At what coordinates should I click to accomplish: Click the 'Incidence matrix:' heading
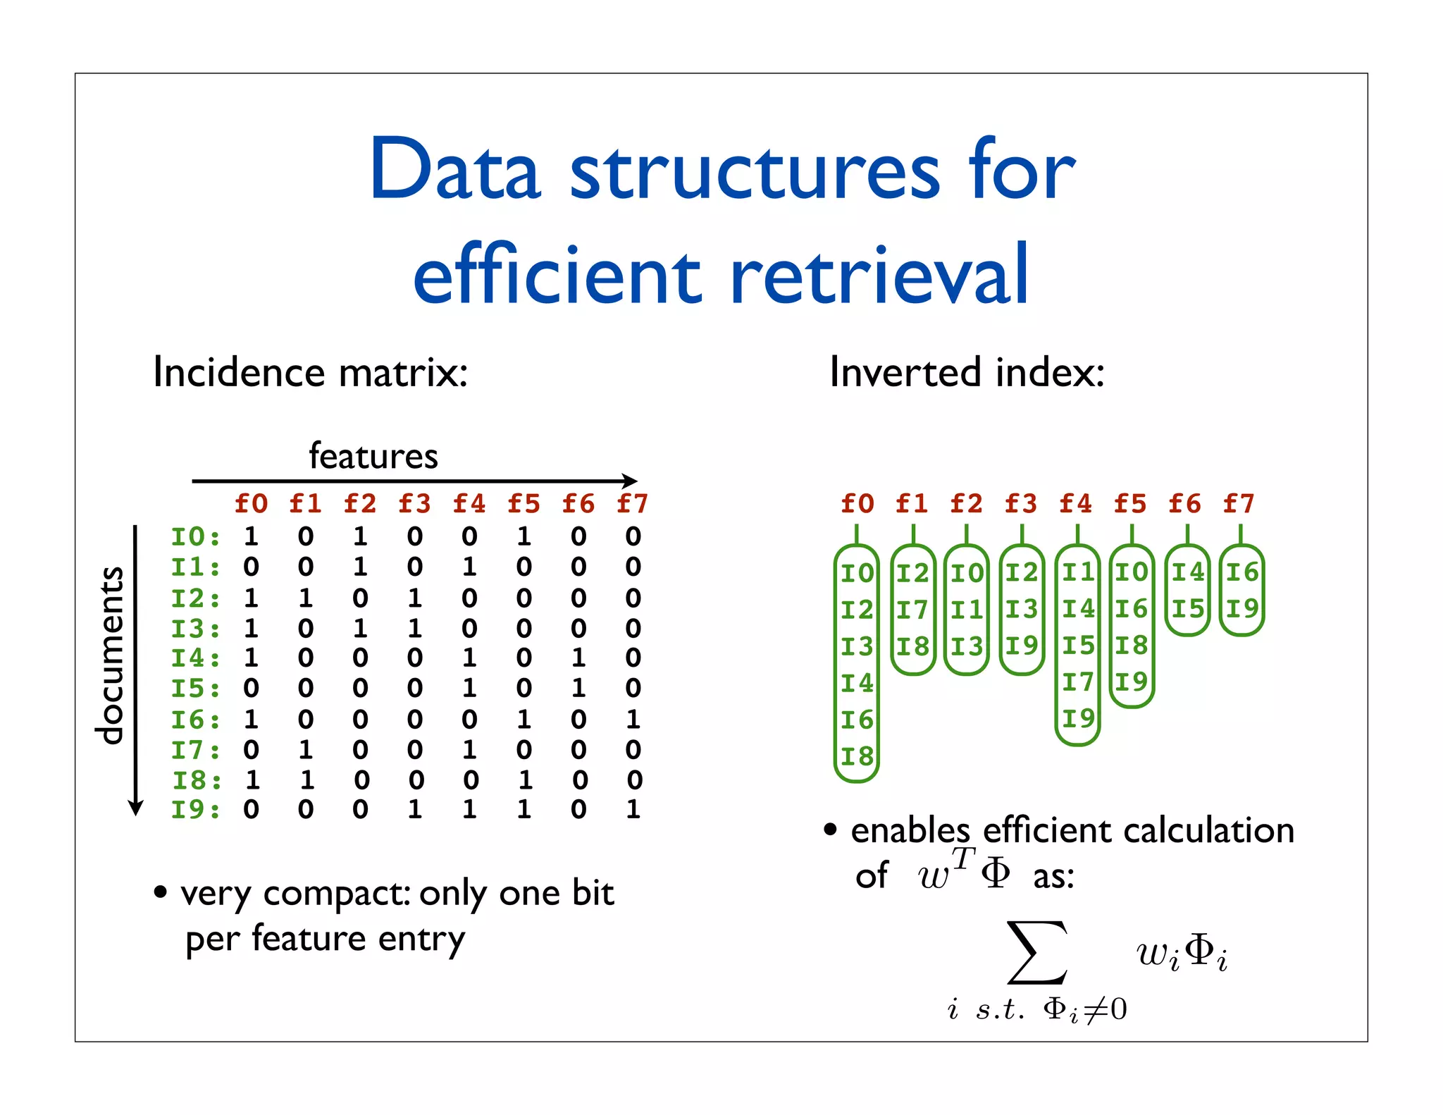click(310, 372)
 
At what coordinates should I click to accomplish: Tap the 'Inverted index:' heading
click(967, 372)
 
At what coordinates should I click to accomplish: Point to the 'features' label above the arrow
click(373, 456)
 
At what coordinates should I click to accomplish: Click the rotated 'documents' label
click(110, 655)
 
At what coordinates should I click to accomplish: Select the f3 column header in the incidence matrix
click(414, 504)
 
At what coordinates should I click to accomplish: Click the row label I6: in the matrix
click(195, 720)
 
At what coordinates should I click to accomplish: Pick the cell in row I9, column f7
click(633, 809)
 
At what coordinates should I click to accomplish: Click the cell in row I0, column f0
click(251, 537)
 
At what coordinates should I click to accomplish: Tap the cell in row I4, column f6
click(578, 658)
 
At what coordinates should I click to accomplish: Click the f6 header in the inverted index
click(1185, 504)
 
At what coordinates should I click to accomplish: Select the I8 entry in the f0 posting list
click(857, 757)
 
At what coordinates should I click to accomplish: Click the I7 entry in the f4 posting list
click(1078, 682)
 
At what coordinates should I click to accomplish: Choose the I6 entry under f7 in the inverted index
click(1241, 572)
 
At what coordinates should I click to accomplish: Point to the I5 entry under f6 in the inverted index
click(1187, 609)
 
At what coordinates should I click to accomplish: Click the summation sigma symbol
click(1036, 952)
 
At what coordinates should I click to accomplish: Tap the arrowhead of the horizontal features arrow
click(631, 481)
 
